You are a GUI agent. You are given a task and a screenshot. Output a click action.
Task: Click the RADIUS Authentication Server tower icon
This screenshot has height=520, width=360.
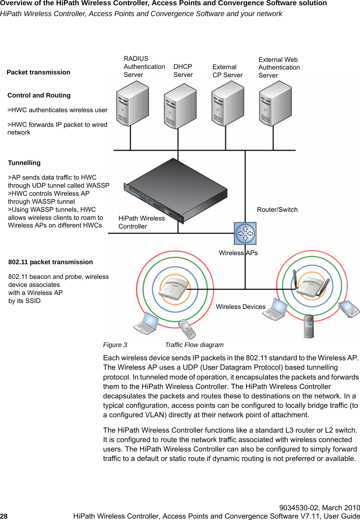pyautogui.click(x=132, y=103)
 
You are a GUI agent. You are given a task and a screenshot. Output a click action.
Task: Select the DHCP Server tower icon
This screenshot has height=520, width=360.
pyautogui.click(x=180, y=106)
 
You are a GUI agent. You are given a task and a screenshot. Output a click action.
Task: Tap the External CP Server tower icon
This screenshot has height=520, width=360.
pyautogui.click(x=228, y=103)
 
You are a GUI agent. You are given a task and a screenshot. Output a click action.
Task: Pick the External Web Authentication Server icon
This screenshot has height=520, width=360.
pyautogui.click(x=275, y=103)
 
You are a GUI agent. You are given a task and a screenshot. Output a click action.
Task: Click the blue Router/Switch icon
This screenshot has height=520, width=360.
pyautogui.click(x=245, y=233)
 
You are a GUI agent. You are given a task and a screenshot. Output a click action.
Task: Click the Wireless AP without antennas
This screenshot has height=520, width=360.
pyautogui.click(x=173, y=289)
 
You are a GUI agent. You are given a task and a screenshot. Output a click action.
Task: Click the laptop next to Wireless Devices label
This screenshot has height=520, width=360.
pyautogui.click(x=275, y=310)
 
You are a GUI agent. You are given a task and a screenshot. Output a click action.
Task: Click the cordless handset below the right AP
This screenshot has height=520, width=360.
pyautogui.click(x=309, y=326)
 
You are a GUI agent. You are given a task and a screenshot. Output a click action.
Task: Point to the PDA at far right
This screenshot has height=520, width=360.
pyautogui.click(x=349, y=309)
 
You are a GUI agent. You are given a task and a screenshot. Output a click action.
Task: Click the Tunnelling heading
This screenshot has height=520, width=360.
pyautogui.click(x=24, y=163)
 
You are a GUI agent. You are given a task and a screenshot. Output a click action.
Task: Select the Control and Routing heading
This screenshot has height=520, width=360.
pyautogui.click(x=39, y=95)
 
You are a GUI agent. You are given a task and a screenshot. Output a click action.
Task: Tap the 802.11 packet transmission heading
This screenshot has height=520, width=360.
pyautogui.click(x=50, y=262)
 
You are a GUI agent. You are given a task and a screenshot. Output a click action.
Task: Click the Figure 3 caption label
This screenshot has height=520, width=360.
pyautogui.click(x=115, y=345)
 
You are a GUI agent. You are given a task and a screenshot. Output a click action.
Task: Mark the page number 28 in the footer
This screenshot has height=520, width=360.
pyautogui.click(x=4, y=516)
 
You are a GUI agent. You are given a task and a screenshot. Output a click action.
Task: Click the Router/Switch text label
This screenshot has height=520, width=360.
pyautogui.click(x=277, y=210)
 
